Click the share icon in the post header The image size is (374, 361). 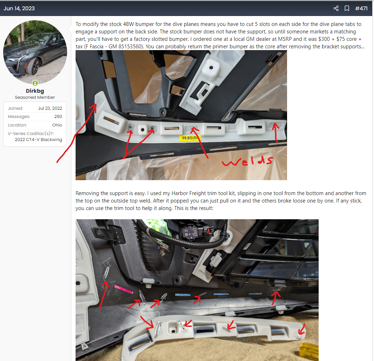point(336,9)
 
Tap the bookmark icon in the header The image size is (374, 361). point(347,9)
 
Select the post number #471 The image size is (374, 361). point(361,9)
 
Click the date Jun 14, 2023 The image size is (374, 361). point(19,9)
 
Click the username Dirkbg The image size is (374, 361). point(35,91)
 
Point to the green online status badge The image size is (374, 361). point(35,83)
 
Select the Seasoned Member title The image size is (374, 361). point(35,97)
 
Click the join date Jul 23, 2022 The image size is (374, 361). point(50,108)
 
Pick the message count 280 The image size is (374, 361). point(58,116)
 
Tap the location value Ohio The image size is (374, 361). point(57,125)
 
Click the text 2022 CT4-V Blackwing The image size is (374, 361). point(38,140)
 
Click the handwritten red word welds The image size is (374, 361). point(247,161)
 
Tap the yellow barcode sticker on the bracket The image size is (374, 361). point(190,138)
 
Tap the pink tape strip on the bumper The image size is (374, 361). point(123,289)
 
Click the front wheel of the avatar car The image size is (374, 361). point(33,66)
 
